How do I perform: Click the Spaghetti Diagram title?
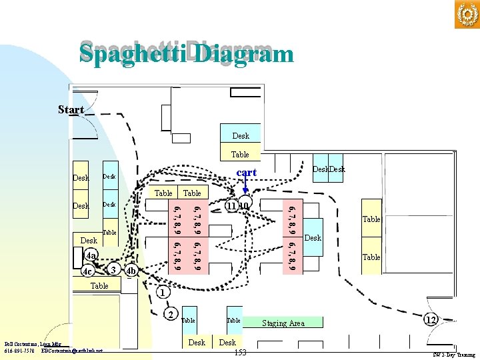[186, 53]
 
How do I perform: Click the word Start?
[71, 109]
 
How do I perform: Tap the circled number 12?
[431, 320]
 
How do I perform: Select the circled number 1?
[161, 292]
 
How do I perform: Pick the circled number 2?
[171, 315]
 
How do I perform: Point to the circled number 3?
[114, 269]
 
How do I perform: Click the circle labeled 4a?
[91, 255]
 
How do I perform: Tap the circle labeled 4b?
[131, 271]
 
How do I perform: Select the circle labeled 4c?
[87, 272]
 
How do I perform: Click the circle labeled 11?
[231, 206]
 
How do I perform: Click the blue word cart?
[246, 172]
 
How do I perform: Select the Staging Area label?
[283, 323]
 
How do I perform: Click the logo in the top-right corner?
[467, 15]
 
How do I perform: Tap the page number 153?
[241, 352]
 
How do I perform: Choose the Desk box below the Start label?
[241, 135]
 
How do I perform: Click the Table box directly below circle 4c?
[99, 285]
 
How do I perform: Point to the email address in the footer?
[72, 351]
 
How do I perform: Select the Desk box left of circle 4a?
[88, 240]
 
